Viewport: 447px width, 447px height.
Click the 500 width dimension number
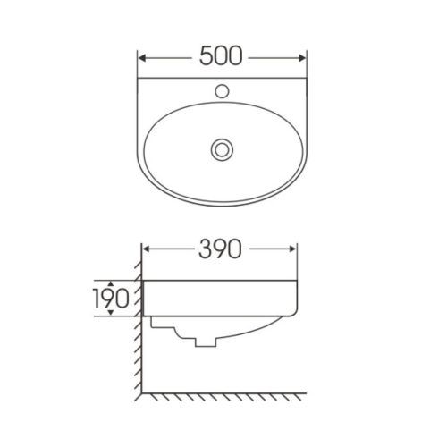pyautogui.click(x=221, y=55)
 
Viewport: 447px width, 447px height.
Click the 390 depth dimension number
pyautogui.click(x=220, y=249)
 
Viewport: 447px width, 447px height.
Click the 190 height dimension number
pyautogui.click(x=112, y=298)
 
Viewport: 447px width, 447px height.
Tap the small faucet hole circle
pyautogui.click(x=222, y=91)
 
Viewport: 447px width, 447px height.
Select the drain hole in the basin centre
pyautogui.click(x=222, y=149)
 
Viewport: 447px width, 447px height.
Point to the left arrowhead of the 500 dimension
pyautogui.click(x=143, y=58)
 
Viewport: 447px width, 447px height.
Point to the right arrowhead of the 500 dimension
pyautogui.click(x=302, y=58)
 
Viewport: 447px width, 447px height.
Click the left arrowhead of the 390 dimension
pyautogui.click(x=147, y=249)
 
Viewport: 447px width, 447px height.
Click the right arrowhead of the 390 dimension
pyautogui.click(x=293, y=249)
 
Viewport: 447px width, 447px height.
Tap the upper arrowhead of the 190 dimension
pyautogui.click(x=111, y=283)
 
